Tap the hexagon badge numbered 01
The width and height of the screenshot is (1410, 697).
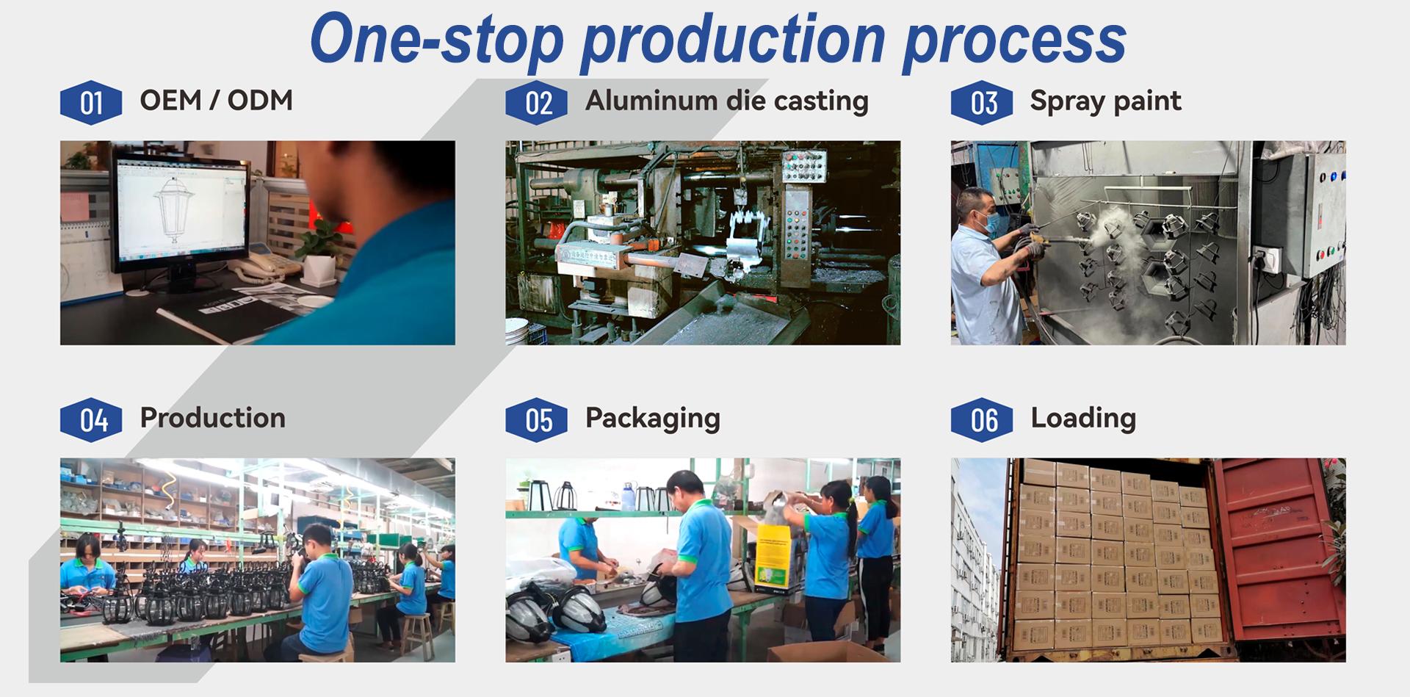91,102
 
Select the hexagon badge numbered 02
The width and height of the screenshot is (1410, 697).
537,102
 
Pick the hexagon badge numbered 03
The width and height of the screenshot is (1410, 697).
982,102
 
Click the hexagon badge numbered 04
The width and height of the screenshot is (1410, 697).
91,419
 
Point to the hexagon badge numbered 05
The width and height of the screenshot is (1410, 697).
537,419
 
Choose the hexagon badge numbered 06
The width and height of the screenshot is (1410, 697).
982,419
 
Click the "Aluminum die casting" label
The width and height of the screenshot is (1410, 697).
726,101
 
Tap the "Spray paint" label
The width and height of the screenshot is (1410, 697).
1105,101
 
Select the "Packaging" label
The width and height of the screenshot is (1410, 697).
652,419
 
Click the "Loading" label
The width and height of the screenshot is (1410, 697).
1083,419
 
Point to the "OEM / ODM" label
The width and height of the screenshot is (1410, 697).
216,100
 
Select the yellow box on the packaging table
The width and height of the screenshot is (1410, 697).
776,557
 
